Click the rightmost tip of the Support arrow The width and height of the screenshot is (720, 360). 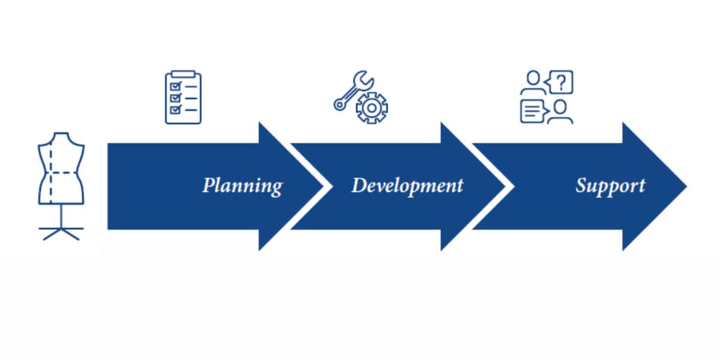[687, 186]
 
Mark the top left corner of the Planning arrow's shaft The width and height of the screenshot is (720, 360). [107, 143]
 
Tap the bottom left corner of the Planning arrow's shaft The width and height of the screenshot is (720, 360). [107, 229]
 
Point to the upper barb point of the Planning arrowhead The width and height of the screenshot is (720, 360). [259, 122]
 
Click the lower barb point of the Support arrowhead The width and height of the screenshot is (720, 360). [623, 250]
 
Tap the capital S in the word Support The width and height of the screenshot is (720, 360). [581, 185]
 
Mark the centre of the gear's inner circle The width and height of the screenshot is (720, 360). [372, 108]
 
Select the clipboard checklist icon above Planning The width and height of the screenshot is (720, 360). [183, 97]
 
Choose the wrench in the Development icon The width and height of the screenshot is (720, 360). [353, 91]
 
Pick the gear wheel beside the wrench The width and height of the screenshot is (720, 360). [372, 108]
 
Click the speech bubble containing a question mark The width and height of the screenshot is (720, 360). [559, 82]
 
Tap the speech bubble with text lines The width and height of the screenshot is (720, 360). [534, 111]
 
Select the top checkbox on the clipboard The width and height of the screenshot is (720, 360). [176, 86]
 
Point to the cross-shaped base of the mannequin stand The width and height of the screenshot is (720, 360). [61, 233]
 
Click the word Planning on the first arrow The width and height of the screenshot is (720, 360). [242, 186]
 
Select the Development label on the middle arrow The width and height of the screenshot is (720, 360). [407, 186]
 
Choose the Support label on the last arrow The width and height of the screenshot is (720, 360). [610, 187]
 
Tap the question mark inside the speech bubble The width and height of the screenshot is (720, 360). [561, 82]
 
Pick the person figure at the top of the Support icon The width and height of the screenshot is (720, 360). [533, 83]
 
